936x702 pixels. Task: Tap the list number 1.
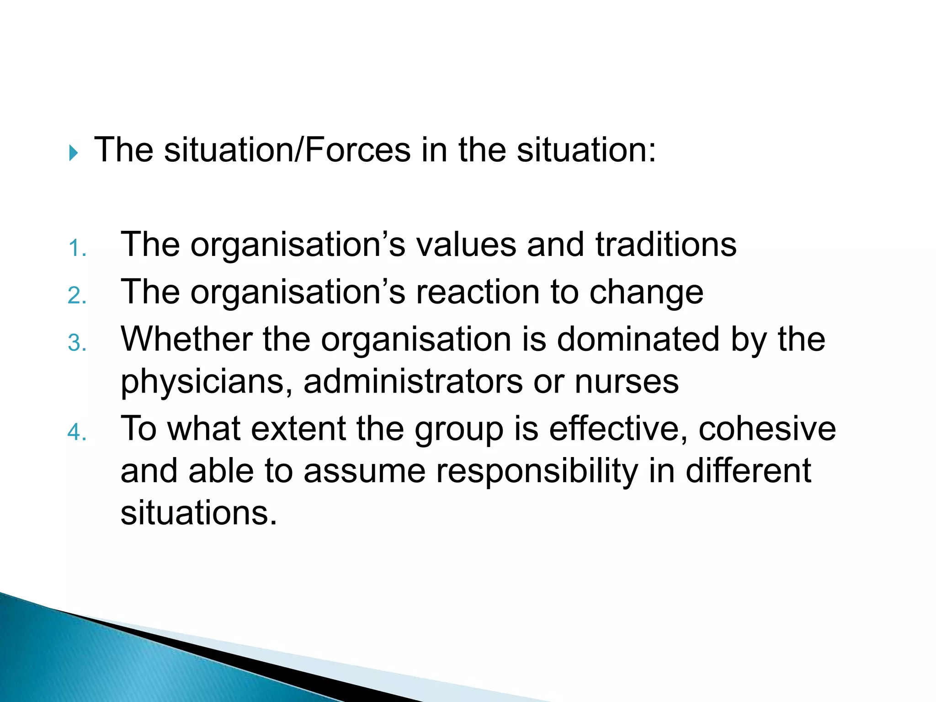pyautogui.click(x=76, y=249)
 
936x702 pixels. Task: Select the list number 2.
pyautogui.click(x=76, y=296)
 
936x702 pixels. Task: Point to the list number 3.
pyautogui.click(x=76, y=343)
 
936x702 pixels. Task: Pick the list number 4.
pyautogui.click(x=76, y=432)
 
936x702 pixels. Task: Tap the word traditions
pyautogui.click(x=666, y=245)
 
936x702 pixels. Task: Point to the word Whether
pyautogui.click(x=186, y=339)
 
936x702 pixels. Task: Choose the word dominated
pyautogui.click(x=638, y=339)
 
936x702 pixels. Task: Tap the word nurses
pyautogui.click(x=627, y=382)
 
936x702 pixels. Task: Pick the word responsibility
pyautogui.click(x=537, y=472)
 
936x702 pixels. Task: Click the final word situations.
pyautogui.click(x=198, y=513)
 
